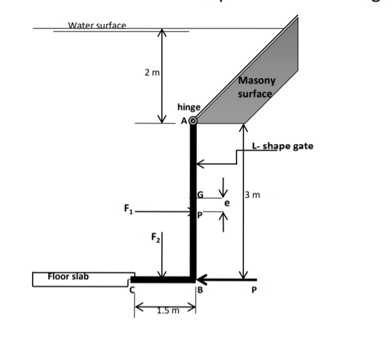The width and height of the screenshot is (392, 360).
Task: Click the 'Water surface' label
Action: click(97, 25)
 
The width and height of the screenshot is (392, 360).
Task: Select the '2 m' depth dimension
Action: click(152, 73)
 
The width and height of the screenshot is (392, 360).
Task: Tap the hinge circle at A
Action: click(193, 122)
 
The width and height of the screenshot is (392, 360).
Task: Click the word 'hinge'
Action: click(188, 107)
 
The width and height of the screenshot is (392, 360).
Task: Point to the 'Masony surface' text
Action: click(255, 87)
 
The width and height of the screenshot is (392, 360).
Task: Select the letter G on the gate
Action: click(200, 196)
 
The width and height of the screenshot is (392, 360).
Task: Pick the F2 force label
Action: click(154, 239)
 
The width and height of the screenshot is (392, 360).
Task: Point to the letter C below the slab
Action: click(134, 290)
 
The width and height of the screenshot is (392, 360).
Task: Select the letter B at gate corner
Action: click(200, 291)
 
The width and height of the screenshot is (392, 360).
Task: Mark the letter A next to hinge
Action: click(183, 122)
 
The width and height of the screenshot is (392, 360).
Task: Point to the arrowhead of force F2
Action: click(162, 274)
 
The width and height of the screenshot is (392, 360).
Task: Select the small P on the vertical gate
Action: click(200, 215)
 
